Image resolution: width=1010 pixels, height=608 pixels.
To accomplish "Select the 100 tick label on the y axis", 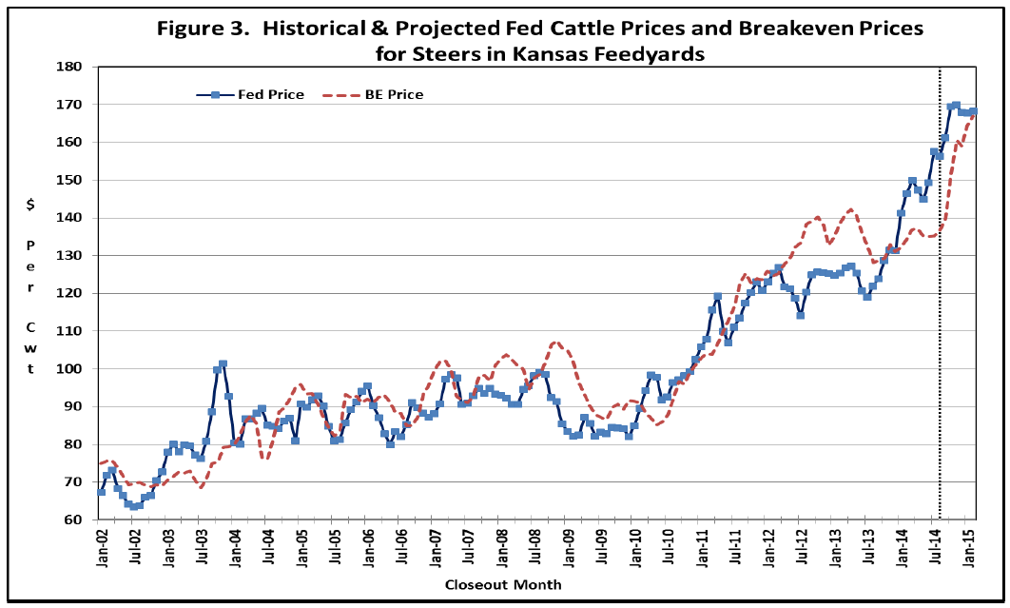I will coord(72,369).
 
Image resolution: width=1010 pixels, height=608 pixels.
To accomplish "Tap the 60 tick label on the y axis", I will coord(76,520).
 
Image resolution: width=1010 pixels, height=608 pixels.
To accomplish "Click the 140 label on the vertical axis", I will coord(72,218).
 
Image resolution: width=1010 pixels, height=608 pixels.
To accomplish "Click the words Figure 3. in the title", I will coord(204,28).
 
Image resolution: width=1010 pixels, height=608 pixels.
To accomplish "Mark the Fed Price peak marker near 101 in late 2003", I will coord(223,364).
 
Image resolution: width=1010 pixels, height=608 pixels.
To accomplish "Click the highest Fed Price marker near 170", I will coord(956,106).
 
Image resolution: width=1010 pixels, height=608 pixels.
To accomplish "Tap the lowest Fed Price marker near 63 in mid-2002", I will coord(134,506).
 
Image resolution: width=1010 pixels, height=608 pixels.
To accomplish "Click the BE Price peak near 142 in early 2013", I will coord(849,209).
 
